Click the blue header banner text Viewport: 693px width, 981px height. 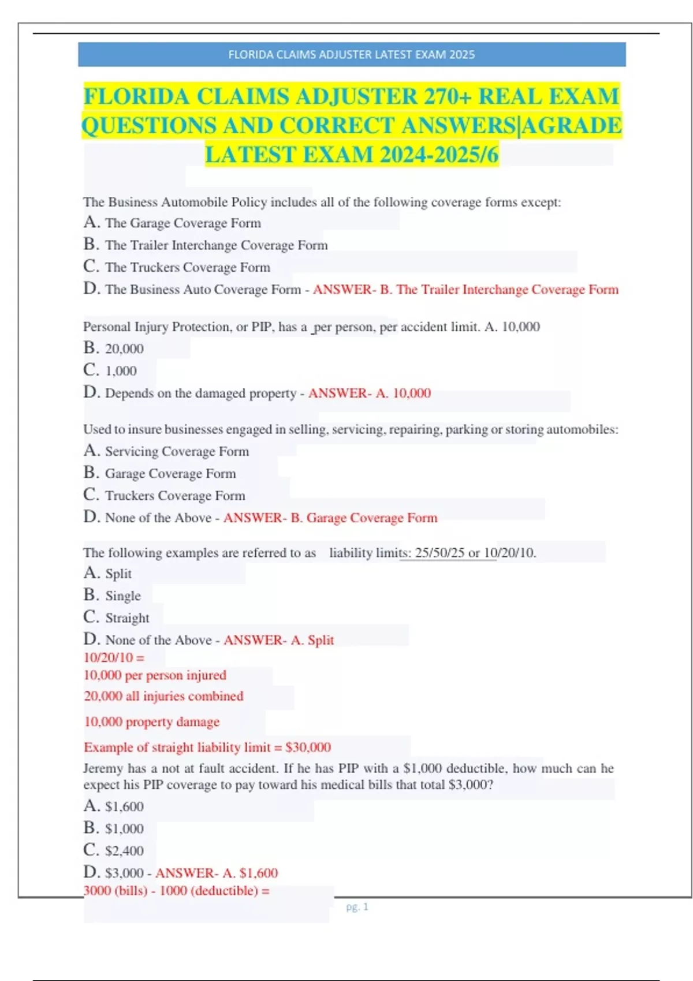tap(351, 55)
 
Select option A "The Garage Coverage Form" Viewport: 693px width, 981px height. tap(182, 223)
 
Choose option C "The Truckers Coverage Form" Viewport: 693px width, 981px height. tap(187, 267)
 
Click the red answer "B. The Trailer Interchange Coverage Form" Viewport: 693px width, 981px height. tap(499, 290)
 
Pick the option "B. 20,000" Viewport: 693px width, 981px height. tap(124, 349)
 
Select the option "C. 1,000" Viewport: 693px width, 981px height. tap(120, 370)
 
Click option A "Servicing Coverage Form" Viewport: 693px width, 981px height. tap(177, 451)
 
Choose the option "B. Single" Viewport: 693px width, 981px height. tap(122, 596)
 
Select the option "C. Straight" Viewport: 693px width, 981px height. tap(127, 618)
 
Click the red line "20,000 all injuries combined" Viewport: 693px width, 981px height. tap(163, 697)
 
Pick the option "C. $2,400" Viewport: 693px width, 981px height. tap(124, 851)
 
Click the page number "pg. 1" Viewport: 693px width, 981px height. tap(357, 907)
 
